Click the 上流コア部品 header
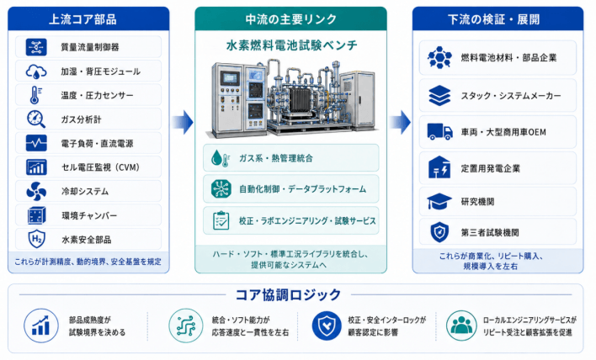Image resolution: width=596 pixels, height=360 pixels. [82, 19]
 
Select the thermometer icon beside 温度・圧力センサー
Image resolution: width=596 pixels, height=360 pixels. [35, 95]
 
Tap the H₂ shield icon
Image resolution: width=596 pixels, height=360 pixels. [36, 239]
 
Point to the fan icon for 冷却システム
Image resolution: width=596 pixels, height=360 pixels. [36, 191]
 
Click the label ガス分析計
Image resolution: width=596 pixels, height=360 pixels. [81, 119]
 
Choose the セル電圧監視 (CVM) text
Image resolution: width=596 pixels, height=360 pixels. [101, 167]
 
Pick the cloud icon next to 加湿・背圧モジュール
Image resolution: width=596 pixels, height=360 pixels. [36, 71]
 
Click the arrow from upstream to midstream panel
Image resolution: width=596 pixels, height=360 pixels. [183, 122]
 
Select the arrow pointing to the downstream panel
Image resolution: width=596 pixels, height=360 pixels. [400, 122]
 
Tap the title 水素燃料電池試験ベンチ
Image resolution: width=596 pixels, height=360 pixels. [291, 45]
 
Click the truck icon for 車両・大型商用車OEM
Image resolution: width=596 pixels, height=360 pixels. [439, 132]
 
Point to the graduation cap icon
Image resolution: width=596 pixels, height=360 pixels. [439, 201]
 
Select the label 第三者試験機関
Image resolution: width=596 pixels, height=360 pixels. [490, 232]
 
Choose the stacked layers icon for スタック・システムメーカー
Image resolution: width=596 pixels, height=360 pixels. [439, 95]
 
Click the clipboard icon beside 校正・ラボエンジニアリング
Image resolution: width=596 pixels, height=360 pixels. [221, 220]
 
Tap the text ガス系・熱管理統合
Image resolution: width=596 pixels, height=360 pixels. [276, 158]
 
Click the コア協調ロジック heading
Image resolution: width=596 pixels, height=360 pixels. [288, 294]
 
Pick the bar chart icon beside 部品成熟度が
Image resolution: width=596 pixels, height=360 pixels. [41, 326]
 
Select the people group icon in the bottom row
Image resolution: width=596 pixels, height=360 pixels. [461, 326]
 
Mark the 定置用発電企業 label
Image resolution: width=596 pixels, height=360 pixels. [490, 168]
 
